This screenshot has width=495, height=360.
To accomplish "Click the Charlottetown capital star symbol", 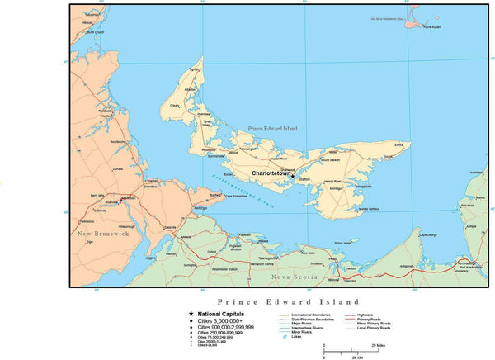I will point(292,175).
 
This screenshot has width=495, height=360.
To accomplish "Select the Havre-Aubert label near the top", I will point(433,27).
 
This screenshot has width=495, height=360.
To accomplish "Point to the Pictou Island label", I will point(342,243).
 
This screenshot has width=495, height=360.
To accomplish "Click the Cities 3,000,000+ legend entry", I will point(223,321).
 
